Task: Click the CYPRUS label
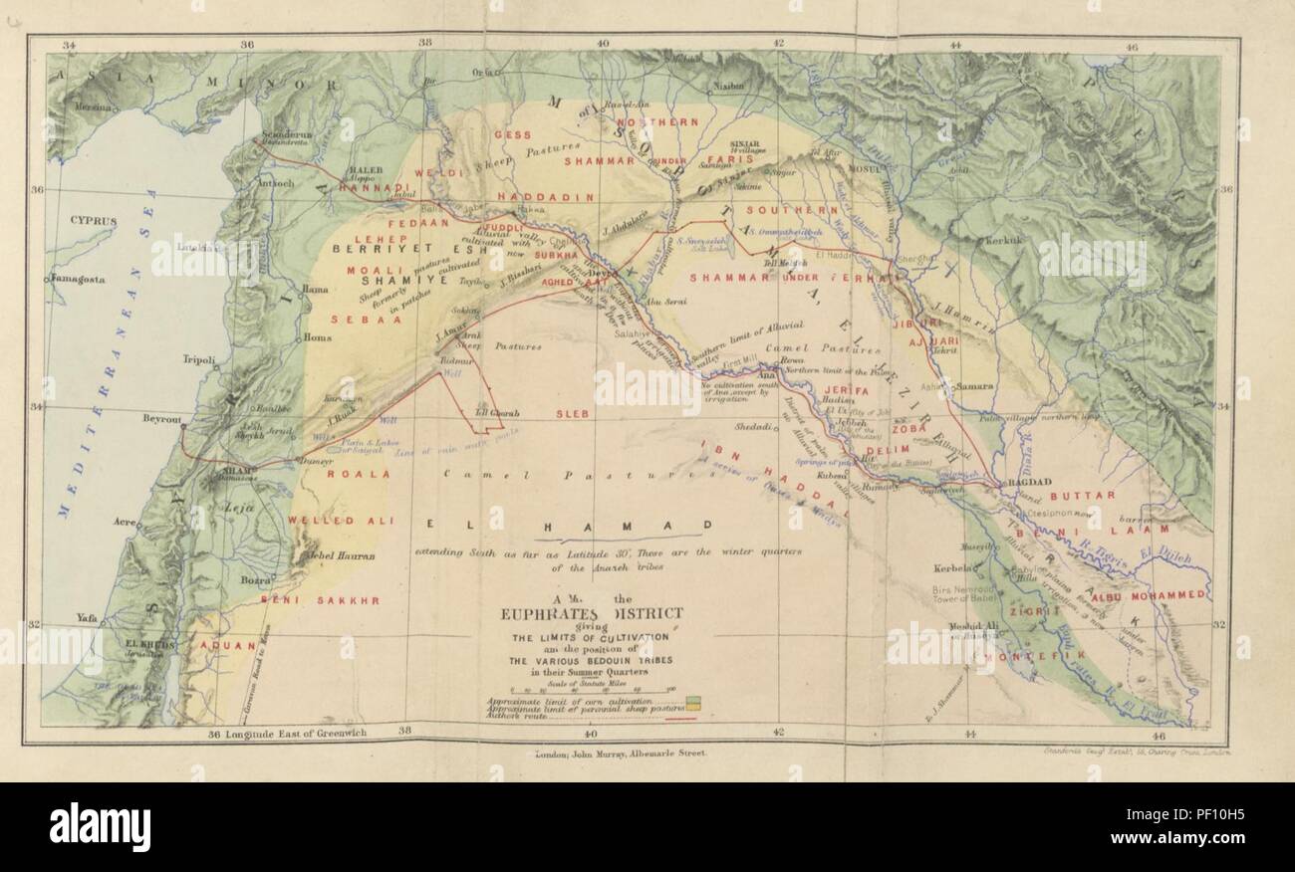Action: click(94, 221)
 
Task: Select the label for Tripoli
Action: click(199, 361)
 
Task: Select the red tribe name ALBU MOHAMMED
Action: click(1150, 594)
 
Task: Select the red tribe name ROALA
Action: click(349, 475)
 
